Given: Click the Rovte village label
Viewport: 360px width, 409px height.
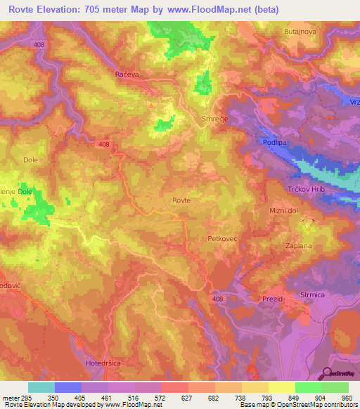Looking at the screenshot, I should (x=181, y=200).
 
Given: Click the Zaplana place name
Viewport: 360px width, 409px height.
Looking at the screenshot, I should (x=299, y=247).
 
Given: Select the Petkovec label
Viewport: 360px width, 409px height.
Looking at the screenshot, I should (x=225, y=239).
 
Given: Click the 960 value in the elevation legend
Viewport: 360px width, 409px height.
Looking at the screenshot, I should (x=345, y=397).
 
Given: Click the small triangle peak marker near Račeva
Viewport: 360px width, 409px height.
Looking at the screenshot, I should (x=150, y=105).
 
